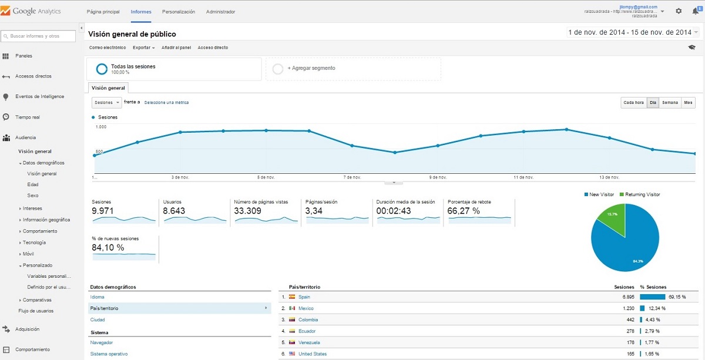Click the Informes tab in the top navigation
(x=141, y=12)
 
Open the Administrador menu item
(x=221, y=12)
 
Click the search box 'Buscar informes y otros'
(x=39, y=36)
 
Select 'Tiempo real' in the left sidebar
(x=28, y=117)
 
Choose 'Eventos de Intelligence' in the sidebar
(x=39, y=96)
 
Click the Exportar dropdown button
(x=143, y=48)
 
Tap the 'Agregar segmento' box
(x=353, y=69)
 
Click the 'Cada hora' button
(x=634, y=103)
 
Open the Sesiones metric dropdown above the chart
(x=106, y=102)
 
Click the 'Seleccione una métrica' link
(x=166, y=103)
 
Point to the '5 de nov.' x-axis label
(x=266, y=177)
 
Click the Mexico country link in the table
(x=305, y=308)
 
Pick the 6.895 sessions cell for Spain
(x=625, y=297)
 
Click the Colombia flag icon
(x=292, y=319)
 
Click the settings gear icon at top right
(x=679, y=11)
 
